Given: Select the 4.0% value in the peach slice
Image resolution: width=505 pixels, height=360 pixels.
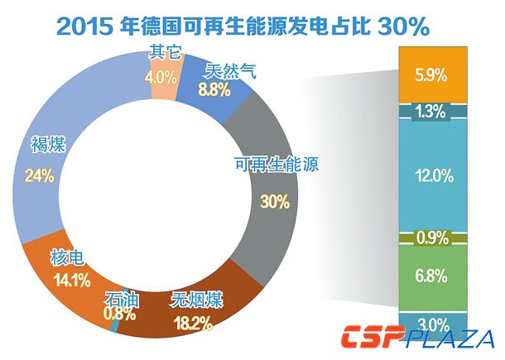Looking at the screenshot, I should [x=161, y=78].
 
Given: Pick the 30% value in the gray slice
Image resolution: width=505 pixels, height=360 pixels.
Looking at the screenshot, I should [x=274, y=202].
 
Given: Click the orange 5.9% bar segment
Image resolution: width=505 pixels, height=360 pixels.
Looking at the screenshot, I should [x=431, y=75].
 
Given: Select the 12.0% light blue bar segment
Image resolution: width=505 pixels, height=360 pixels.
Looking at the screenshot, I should [x=431, y=175].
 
